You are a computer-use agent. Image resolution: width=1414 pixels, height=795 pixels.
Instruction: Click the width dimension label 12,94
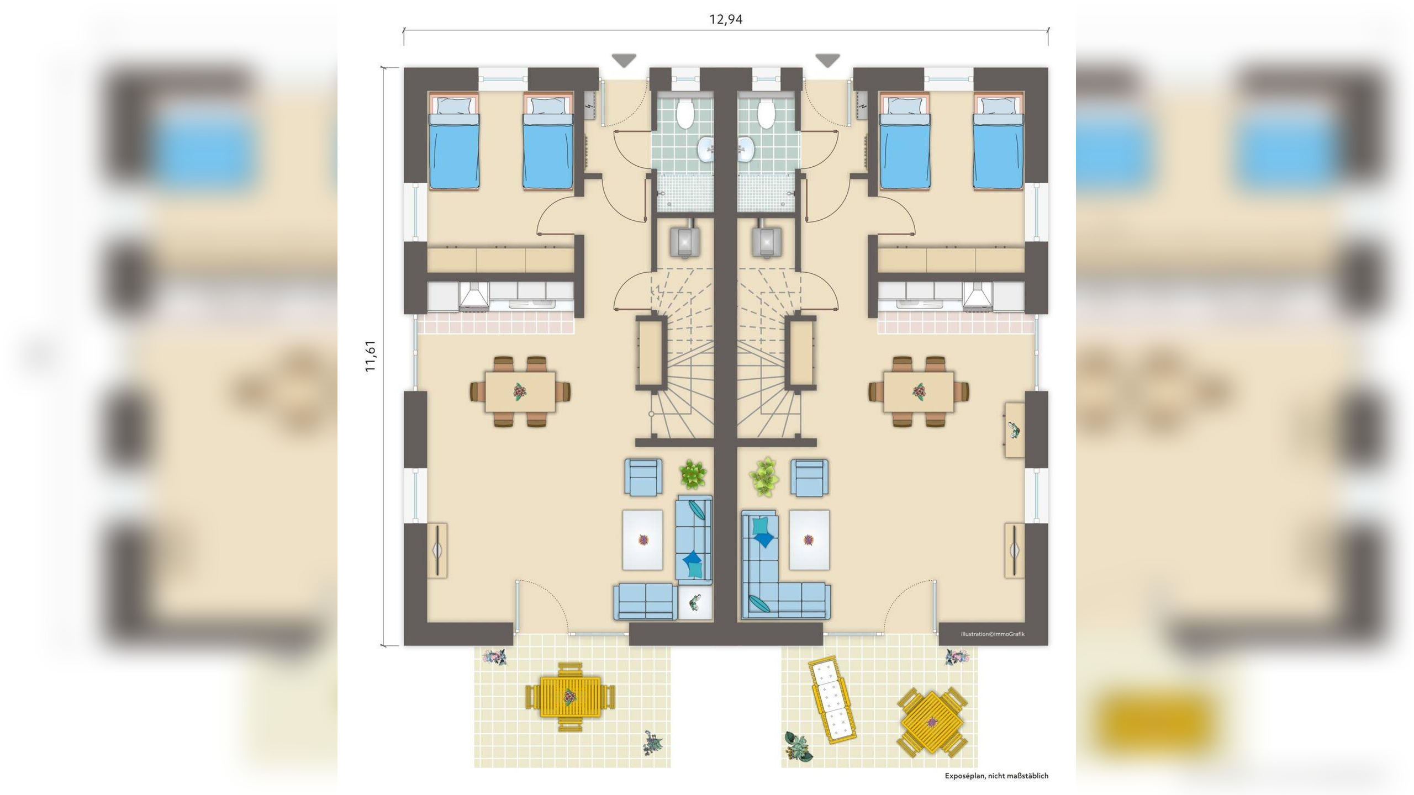pyautogui.click(x=726, y=20)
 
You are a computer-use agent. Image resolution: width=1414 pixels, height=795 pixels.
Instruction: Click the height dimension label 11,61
pyautogui.click(x=371, y=356)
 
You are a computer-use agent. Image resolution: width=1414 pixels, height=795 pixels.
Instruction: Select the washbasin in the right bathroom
pyautogui.click(x=745, y=148)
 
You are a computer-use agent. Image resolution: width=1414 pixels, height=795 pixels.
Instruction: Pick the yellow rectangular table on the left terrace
pyautogui.click(x=570, y=697)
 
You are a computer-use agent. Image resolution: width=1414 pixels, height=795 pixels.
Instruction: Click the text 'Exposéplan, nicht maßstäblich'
pyautogui.click(x=996, y=776)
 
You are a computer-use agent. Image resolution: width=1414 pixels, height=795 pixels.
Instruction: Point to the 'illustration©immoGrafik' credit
pyautogui.click(x=992, y=634)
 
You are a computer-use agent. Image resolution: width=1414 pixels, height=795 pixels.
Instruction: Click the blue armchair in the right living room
pyautogui.click(x=809, y=476)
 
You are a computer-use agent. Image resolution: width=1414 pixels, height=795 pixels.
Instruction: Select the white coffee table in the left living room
pyautogui.click(x=642, y=539)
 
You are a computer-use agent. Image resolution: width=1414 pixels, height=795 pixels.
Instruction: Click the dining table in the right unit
pyautogui.click(x=918, y=391)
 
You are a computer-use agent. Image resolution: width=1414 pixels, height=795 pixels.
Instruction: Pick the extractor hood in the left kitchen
pyautogui.click(x=474, y=296)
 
